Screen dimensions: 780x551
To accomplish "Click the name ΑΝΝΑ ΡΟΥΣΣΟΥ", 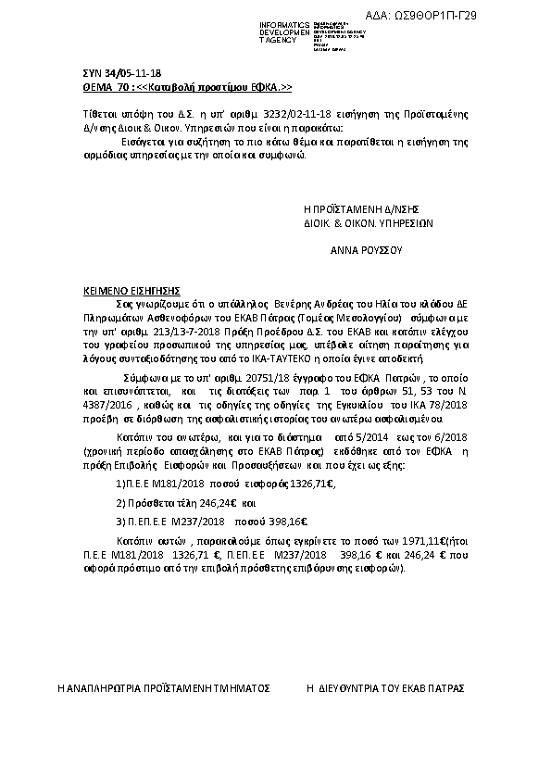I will pyautogui.click(x=366, y=250).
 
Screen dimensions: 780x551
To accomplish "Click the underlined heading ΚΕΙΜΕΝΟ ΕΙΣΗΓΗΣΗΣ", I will pyautogui.click(x=131, y=290).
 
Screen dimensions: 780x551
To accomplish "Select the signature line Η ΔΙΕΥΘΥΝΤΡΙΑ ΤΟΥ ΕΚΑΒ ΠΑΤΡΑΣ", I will pyautogui.click(x=385, y=690).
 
